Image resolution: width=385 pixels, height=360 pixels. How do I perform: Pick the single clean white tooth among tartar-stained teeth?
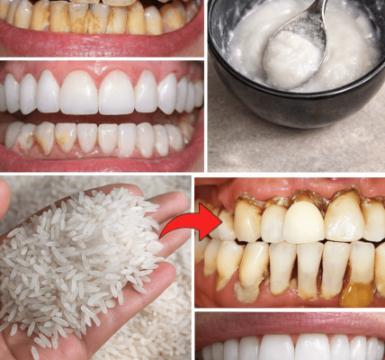303,221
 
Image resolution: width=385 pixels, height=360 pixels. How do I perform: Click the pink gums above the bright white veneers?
99,70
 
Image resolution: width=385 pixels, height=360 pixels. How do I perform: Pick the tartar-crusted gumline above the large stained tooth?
345,193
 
